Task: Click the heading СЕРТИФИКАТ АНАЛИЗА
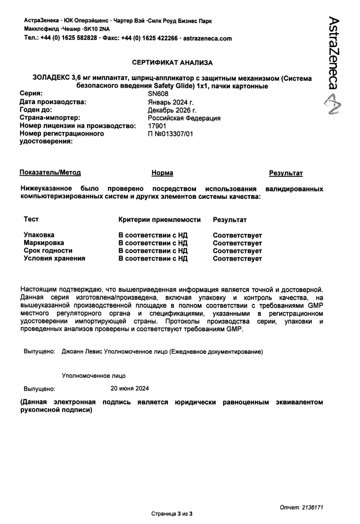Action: coord(172,62)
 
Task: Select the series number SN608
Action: coord(158,94)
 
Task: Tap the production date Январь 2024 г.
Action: coord(171,102)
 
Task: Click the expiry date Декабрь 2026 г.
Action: coord(172,110)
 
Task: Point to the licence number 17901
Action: coord(157,126)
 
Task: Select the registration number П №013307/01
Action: coord(171,134)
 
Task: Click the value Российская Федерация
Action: coord(184,118)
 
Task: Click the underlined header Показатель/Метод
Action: coord(50,173)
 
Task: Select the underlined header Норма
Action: coord(162,173)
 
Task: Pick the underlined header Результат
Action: coord(286,173)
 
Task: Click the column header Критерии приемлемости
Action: coord(159,220)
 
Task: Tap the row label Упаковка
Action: coord(39,235)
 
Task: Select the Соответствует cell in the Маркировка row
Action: coord(237,243)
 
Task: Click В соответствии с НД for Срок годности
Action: coord(153,251)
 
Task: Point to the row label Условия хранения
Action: coord(55,258)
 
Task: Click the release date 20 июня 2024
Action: coord(130,388)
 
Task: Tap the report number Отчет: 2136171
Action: coord(301,507)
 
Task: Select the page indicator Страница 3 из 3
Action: coord(172,513)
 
